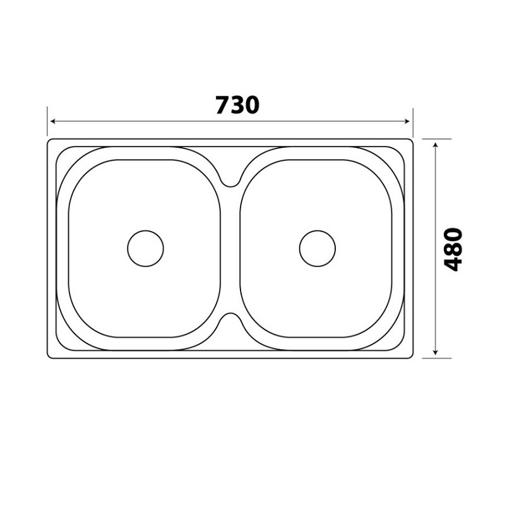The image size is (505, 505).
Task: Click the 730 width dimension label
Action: pyautogui.click(x=237, y=105)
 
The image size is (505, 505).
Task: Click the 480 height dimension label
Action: pyautogui.click(x=453, y=249)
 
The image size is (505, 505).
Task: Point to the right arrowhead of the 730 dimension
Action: pyautogui.click(x=407, y=121)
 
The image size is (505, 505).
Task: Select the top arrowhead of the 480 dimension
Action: pyautogui.click(x=436, y=146)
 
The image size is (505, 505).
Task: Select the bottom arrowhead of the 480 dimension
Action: pyautogui.click(x=436, y=352)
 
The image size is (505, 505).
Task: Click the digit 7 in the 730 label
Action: pyautogui.click(x=223, y=105)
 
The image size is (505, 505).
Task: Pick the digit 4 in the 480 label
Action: pyautogui.click(x=453, y=264)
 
